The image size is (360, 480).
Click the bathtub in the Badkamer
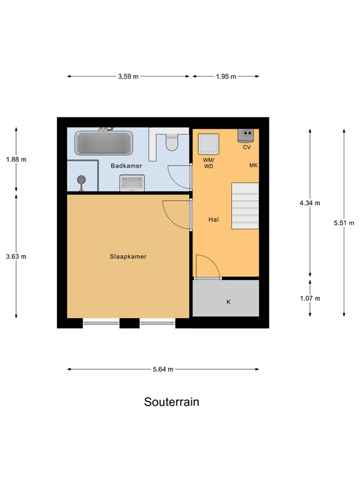[x=104, y=143]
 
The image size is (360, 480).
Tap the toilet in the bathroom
[x=172, y=142]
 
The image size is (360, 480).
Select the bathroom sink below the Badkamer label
[x=132, y=182]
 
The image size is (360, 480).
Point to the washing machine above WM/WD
[x=207, y=144]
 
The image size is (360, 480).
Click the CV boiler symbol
[x=247, y=135]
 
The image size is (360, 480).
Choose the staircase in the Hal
[x=244, y=207]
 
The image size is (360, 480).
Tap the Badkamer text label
[x=126, y=166]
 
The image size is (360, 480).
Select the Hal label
[x=213, y=220]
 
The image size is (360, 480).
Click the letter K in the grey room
[x=228, y=302]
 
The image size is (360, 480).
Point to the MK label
[x=253, y=166]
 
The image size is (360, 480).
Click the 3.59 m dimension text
[x=128, y=77]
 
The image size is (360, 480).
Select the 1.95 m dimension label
[x=226, y=77]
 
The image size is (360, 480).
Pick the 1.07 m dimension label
[x=310, y=298]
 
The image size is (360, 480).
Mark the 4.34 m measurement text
[x=310, y=203]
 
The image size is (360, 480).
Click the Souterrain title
[x=172, y=402]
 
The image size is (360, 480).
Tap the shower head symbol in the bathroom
[x=81, y=181]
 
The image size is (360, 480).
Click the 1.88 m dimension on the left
[x=16, y=159]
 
